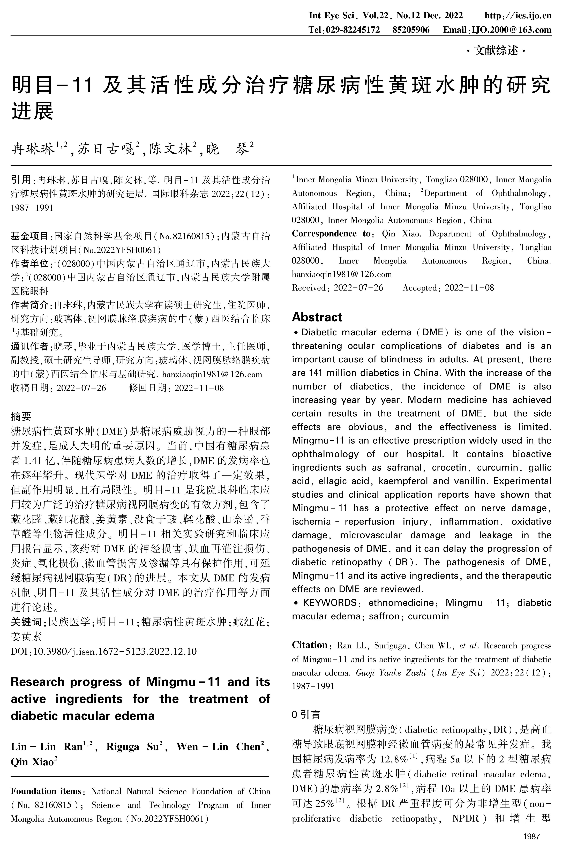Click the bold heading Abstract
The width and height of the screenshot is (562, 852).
tap(317, 317)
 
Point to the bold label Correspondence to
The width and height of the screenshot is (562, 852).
tap(331, 234)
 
